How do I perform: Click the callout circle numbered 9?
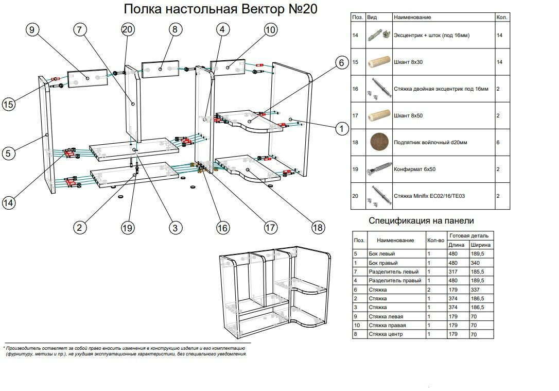coord(32,30)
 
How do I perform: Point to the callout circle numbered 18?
coord(318,227)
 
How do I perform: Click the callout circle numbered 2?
coord(79,227)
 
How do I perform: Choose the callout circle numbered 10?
coord(270,30)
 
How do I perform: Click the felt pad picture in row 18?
coord(380,142)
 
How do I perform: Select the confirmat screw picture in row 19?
coord(380,169)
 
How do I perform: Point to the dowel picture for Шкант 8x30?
coord(380,62)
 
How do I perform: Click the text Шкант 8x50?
coord(408,115)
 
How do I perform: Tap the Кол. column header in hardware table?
coord(501,18)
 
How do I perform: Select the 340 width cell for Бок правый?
coord(477,263)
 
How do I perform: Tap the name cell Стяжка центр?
coord(386,334)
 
